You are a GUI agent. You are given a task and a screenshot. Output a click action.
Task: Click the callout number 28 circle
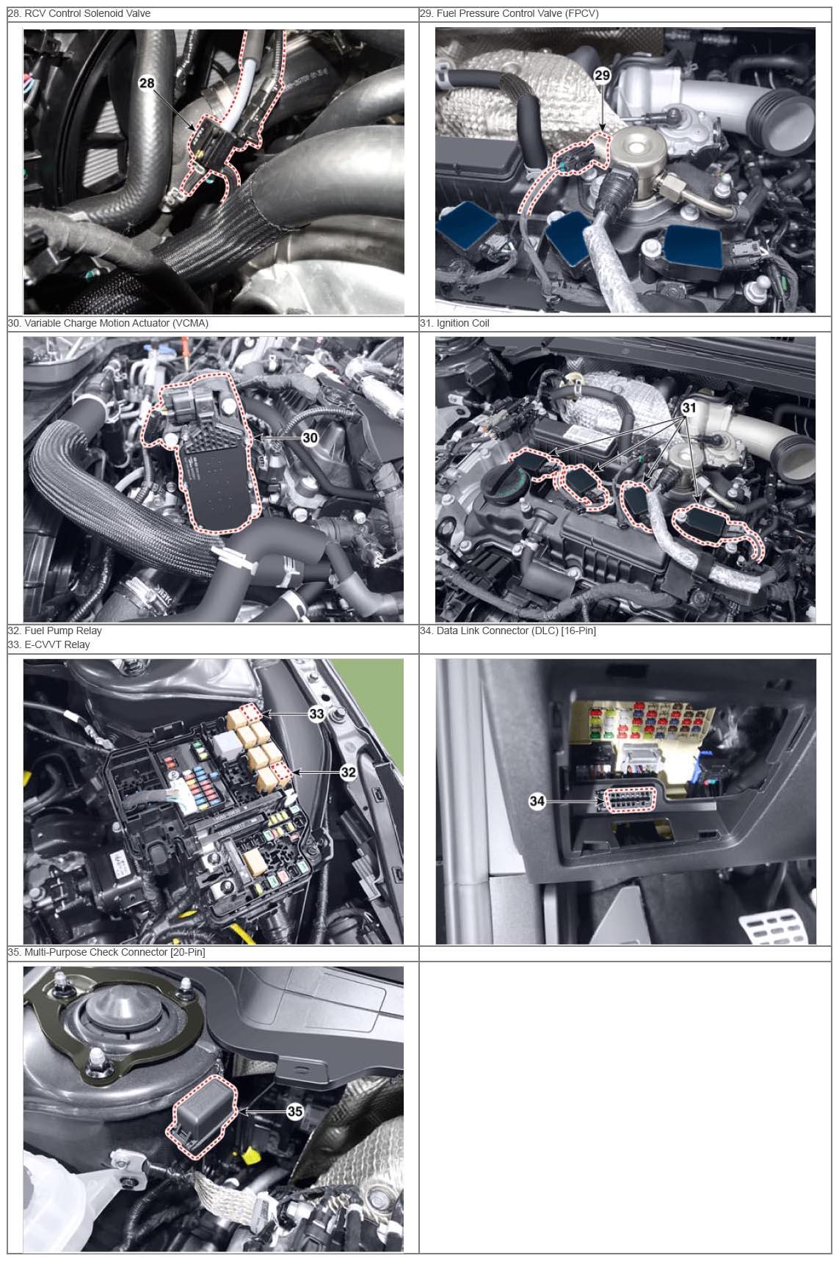coord(147,83)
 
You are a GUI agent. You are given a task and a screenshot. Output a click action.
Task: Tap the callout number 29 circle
coord(602,76)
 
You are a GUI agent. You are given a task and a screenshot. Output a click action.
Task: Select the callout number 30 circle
coord(310,438)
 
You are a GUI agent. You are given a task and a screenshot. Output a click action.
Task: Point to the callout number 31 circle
coord(689,407)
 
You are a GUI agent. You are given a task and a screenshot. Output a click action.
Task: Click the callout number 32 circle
coord(348,772)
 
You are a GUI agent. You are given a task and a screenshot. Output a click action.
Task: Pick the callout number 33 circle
coord(316,714)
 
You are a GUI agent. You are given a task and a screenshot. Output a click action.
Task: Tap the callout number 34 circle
coord(537,801)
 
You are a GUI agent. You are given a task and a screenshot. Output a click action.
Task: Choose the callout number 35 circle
coord(294,1111)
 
